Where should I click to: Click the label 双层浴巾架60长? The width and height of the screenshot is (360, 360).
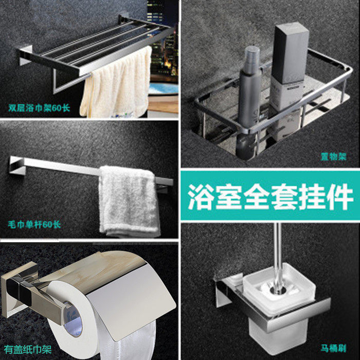(x=39, y=107)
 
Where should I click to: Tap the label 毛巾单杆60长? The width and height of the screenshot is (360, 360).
(x=34, y=224)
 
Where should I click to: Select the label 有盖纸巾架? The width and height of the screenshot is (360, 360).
(x=28, y=350)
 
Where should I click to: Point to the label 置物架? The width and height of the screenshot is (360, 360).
(x=333, y=157)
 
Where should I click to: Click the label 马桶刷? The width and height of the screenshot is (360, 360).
(x=333, y=349)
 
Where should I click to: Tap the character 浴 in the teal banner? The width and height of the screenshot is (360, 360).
(x=201, y=196)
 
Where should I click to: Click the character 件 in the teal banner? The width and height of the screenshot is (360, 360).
(x=340, y=196)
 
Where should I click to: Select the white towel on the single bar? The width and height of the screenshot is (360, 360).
(x=129, y=201)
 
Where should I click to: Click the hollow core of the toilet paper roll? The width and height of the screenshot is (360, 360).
(x=73, y=319)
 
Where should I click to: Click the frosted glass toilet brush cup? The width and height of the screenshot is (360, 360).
(x=279, y=308)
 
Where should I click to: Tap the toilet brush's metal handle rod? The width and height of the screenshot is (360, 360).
(x=278, y=257)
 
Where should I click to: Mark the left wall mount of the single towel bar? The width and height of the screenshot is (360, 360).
(x=17, y=166)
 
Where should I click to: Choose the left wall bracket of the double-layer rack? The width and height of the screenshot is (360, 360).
(x=25, y=55)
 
